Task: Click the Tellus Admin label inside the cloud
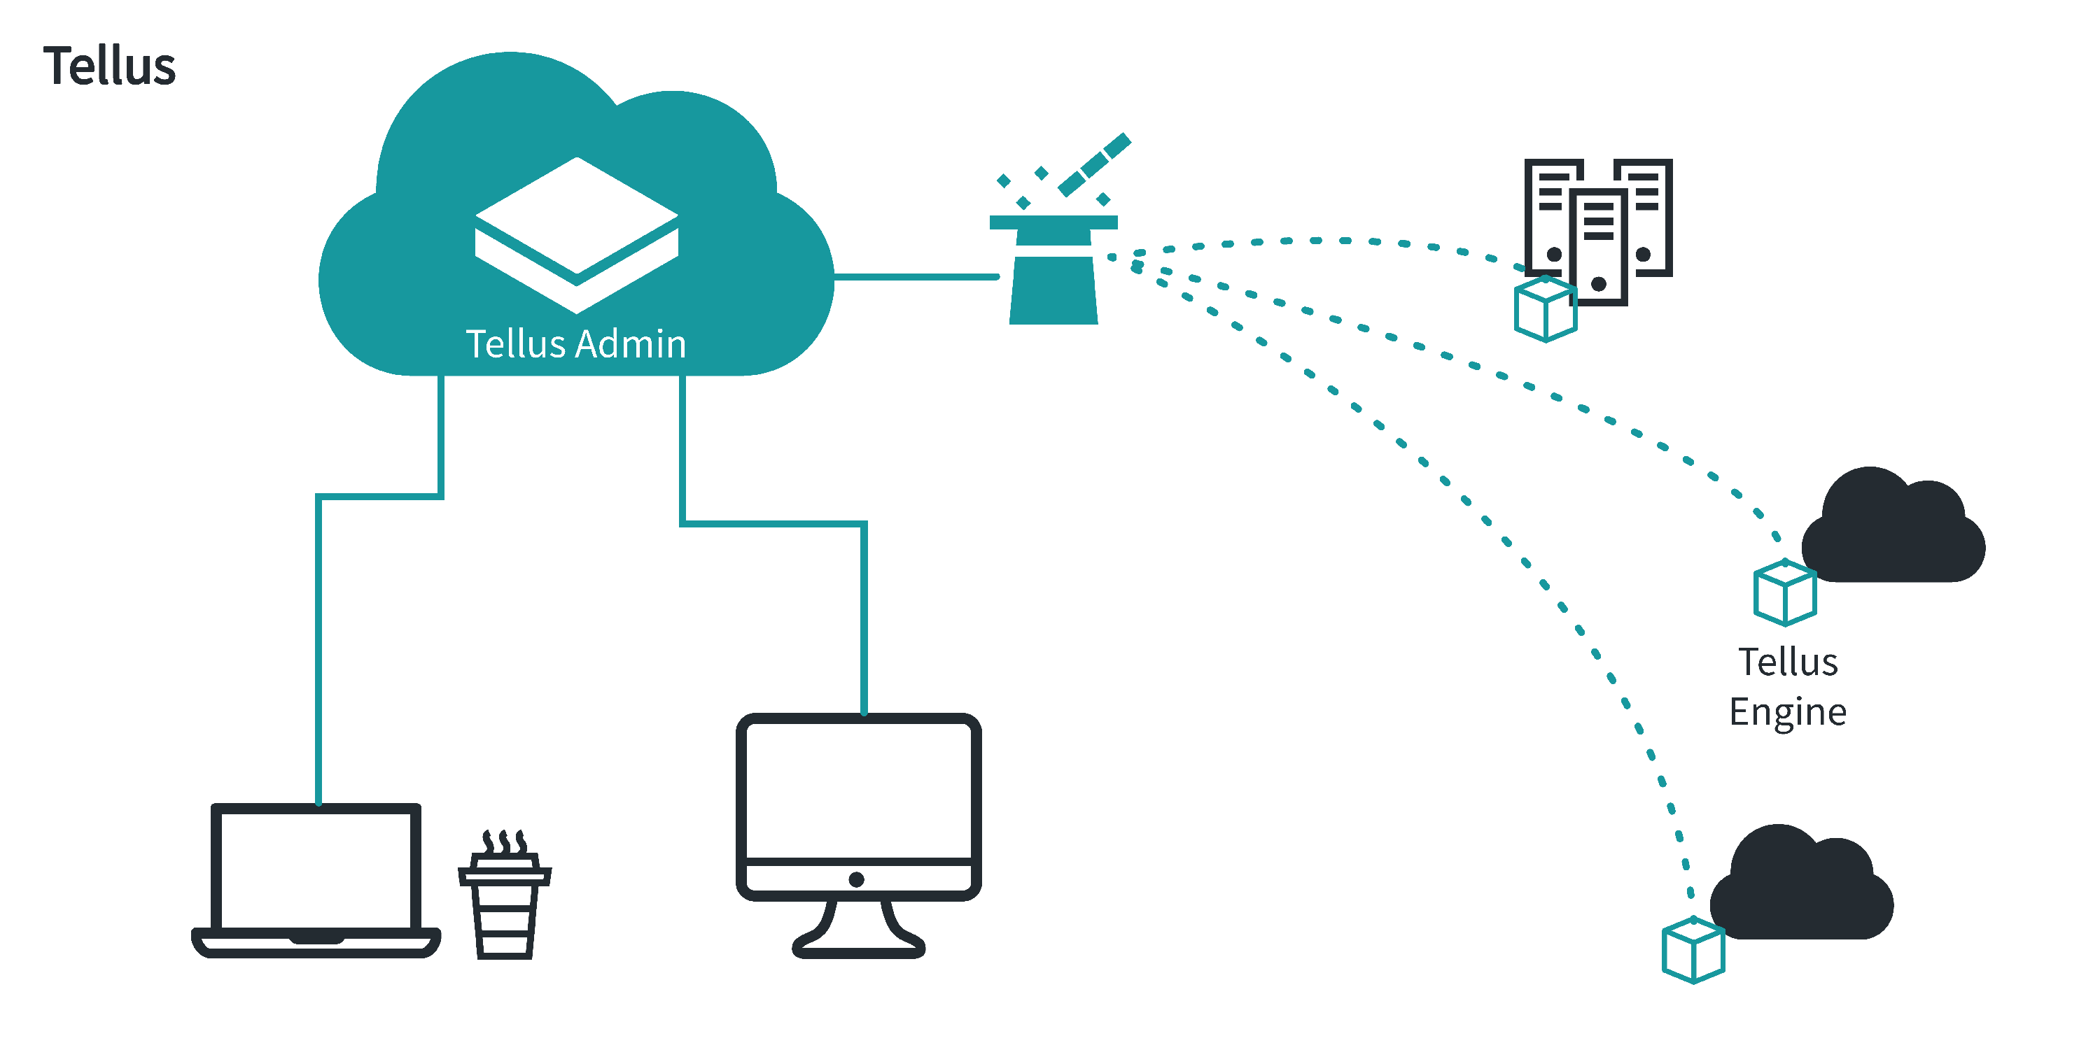tap(575, 344)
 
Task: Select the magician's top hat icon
tap(1053, 270)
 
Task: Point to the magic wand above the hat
tap(1094, 164)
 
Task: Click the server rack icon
tap(1599, 232)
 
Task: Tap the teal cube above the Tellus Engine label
tap(1785, 593)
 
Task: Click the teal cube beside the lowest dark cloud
tap(1693, 950)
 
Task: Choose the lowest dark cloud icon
tap(1802, 884)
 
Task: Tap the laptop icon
tap(316, 880)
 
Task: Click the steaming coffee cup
tap(505, 895)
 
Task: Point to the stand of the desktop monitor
tap(858, 929)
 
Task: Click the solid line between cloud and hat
tap(916, 277)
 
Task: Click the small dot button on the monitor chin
tap(856, 879)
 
